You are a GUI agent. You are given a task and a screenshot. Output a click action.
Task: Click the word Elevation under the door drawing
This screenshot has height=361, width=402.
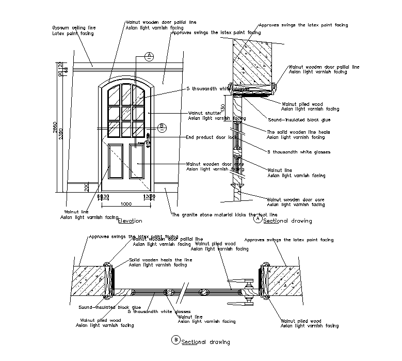point(130,221)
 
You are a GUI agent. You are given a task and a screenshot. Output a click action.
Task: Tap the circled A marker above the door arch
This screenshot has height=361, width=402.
point(149,56)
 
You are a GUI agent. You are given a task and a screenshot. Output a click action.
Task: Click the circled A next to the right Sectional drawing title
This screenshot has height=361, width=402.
point(258,218)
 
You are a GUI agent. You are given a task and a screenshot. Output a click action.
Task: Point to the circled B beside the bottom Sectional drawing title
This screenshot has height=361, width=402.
point(175,340)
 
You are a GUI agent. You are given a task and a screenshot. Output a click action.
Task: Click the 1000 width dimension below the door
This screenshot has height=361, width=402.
point(125,204)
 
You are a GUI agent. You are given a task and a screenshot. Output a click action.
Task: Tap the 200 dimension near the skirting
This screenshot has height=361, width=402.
point(87,187)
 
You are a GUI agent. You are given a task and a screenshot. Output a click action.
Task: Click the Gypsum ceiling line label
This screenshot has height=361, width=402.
point(74,28)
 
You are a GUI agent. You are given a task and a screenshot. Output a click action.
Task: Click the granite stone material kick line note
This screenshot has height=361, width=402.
point(224,214)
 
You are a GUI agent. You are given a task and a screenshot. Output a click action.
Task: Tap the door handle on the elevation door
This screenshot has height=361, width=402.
point(148,138)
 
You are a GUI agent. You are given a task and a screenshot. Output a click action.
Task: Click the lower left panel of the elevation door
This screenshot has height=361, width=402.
point(116,161)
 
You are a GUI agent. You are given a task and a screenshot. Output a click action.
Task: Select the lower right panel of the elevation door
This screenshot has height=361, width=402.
point(136,161)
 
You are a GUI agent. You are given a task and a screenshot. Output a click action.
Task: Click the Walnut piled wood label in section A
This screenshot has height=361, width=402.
point(302,104)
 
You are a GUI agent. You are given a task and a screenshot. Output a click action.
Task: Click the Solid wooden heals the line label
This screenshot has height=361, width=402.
point(160,260)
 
